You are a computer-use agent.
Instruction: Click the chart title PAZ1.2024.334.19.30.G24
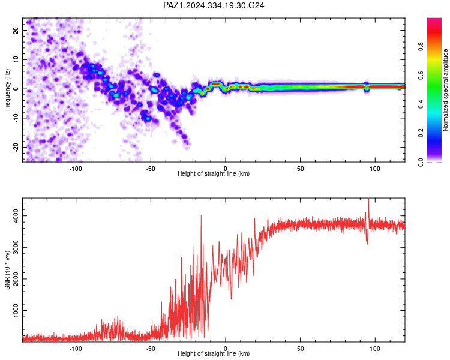(x=214, y=5)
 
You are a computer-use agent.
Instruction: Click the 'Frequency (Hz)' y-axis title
(x=7, y=90)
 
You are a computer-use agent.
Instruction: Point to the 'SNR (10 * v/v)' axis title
(x=7, y=270)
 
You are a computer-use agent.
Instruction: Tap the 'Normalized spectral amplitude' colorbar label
(x=445, y=90)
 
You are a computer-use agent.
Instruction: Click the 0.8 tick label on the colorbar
(x=421, y=46)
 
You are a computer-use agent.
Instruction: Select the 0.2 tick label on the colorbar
(x=421, y=133)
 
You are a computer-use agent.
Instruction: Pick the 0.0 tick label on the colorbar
(x=421, y=162)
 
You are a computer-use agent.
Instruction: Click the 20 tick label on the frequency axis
(x=16, y=31)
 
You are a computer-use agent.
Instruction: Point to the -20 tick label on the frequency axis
(x=16, y=148)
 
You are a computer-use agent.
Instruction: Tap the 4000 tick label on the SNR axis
(x=16, y=216)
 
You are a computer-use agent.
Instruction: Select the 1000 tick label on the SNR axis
(x=16, y=310)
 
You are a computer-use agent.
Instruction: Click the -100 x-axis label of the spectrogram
(x=76, y=169)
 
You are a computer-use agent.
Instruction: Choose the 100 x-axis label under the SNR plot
(x=375, y=349)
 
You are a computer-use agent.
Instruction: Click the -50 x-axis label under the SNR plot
(x=151, y=349)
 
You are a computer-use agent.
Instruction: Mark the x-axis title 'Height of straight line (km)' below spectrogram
(x=214, y=173)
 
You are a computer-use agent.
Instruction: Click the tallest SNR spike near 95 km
(x=368, y=199)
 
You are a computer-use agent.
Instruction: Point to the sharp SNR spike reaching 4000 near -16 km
(x=201, y=216)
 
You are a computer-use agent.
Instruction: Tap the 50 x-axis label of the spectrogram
(x=300, y=169)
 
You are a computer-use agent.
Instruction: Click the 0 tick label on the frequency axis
(x=16, y=89)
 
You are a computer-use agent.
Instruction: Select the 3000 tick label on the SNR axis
(x=16, y=247)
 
